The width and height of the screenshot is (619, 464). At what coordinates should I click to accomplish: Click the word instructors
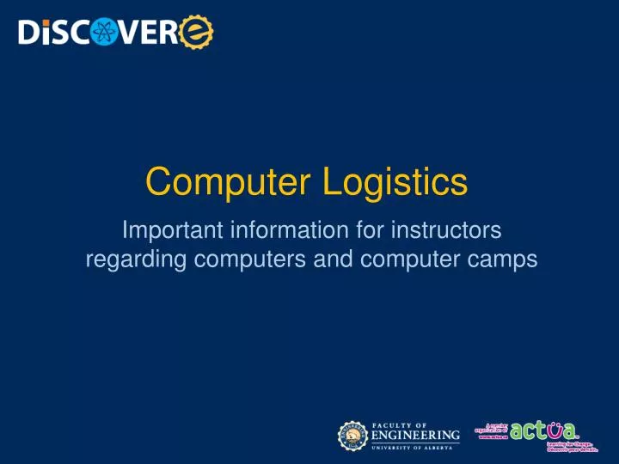click(x=434, y=230)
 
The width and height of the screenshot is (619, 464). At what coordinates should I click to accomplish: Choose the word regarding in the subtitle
click(x=124, y=259)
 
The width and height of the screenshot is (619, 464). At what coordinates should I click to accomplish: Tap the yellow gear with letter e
click(x=197, y=33)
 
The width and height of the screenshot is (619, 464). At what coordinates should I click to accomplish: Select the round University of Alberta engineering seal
click(x=352, y=436)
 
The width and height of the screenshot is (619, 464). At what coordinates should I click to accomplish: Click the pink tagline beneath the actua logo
click(x=569, y=447)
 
